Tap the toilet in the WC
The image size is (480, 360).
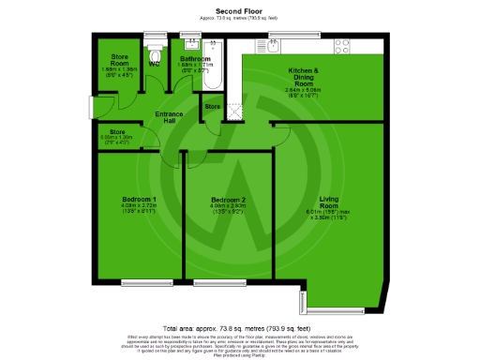(x=153, y=45)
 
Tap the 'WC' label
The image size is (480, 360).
(x=154, y=64)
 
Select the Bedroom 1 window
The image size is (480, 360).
(x=142, y=282)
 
